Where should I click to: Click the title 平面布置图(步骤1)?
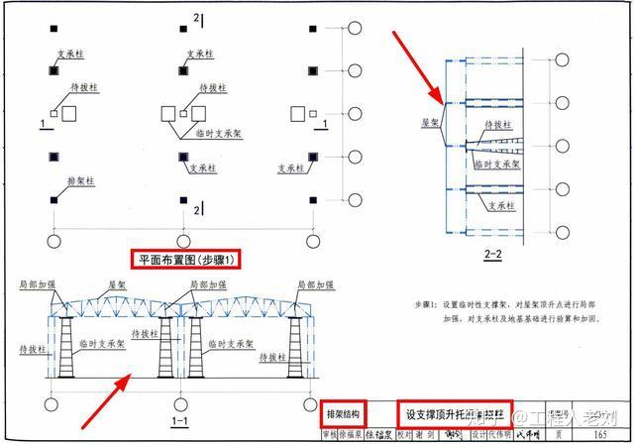pos(185,260)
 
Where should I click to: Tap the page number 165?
pos(601,435)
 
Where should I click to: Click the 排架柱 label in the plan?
pos(80,181)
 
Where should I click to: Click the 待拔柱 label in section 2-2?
pos(498,125)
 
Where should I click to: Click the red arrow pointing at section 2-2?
pos(417,65)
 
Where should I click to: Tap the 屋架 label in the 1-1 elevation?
pos(117,284)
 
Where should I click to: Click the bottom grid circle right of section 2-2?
pos(561,229)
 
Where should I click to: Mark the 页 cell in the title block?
pos(561,435)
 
